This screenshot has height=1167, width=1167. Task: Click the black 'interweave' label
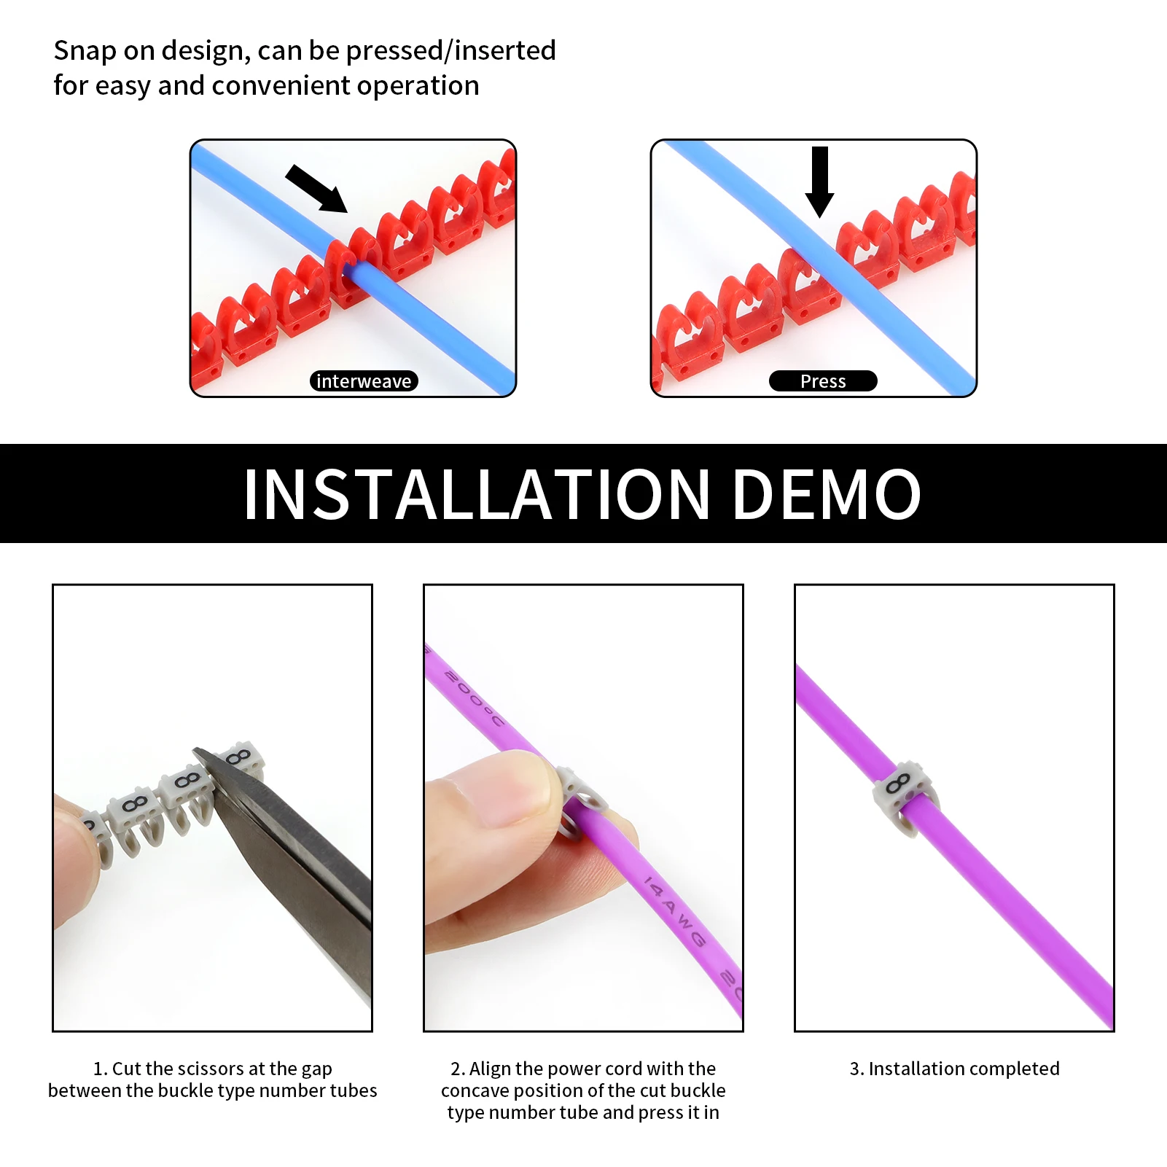pyautogui.click(x=364, y=381)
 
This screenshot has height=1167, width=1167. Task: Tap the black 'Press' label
pyautogui.click(x=823, y=381)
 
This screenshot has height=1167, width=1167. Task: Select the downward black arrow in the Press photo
pyautogui.click(x=820, y=182)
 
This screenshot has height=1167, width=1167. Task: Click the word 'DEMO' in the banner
pyautogui.click(x=827, y=495)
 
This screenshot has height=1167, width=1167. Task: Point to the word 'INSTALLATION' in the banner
pyautogui.click(x=477, y=495)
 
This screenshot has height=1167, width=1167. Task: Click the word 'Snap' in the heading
pyautogui.click(x=85, y=52)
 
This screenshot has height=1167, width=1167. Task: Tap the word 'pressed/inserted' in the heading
pyautogui.click(x=450, y=52)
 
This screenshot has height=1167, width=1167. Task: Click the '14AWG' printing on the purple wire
pyautogui.click(x=675, y=912)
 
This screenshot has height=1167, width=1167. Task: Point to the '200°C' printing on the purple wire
pyautogui.click(x=474, y=698)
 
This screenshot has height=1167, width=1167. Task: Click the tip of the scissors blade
pyautogui.click(x=195, y=750)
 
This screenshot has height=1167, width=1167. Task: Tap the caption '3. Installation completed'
pyautogui.click(x=955, y=1069)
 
